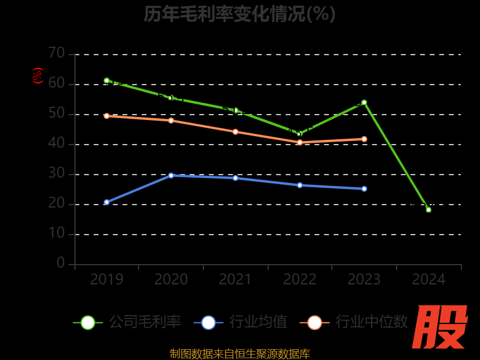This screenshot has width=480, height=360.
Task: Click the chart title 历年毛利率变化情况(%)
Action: [x=239, y=14]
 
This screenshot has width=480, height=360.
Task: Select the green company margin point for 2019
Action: [x=107, y=80]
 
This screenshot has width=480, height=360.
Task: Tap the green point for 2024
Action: [x=428, y=209]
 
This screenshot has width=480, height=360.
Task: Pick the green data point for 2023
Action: [x=364, y=103]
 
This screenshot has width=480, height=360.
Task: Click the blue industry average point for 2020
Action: [x=171, y=175]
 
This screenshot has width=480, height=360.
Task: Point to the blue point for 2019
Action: [x=107, y=202]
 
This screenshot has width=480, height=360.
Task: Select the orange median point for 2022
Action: [x=300, y=142]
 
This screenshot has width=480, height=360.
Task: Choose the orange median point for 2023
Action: [x=364, y=139]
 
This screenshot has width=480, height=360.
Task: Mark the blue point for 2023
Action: [x=364, y=188]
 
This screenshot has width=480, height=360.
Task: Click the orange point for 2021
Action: [x=235, y=131]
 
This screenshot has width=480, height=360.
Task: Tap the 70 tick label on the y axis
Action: [x=56, y=53]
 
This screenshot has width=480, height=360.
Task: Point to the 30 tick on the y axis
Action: [x=56, y=173]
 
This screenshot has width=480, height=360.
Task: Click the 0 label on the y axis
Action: [x=61, y=263]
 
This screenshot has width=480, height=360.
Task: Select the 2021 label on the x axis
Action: [x=235, y=279]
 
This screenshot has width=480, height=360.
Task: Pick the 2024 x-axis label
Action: [x=428, y=279]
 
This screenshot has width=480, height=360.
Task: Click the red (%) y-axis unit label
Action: [x=38, y=76]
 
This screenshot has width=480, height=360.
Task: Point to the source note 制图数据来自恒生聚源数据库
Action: [x=240, y=353]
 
